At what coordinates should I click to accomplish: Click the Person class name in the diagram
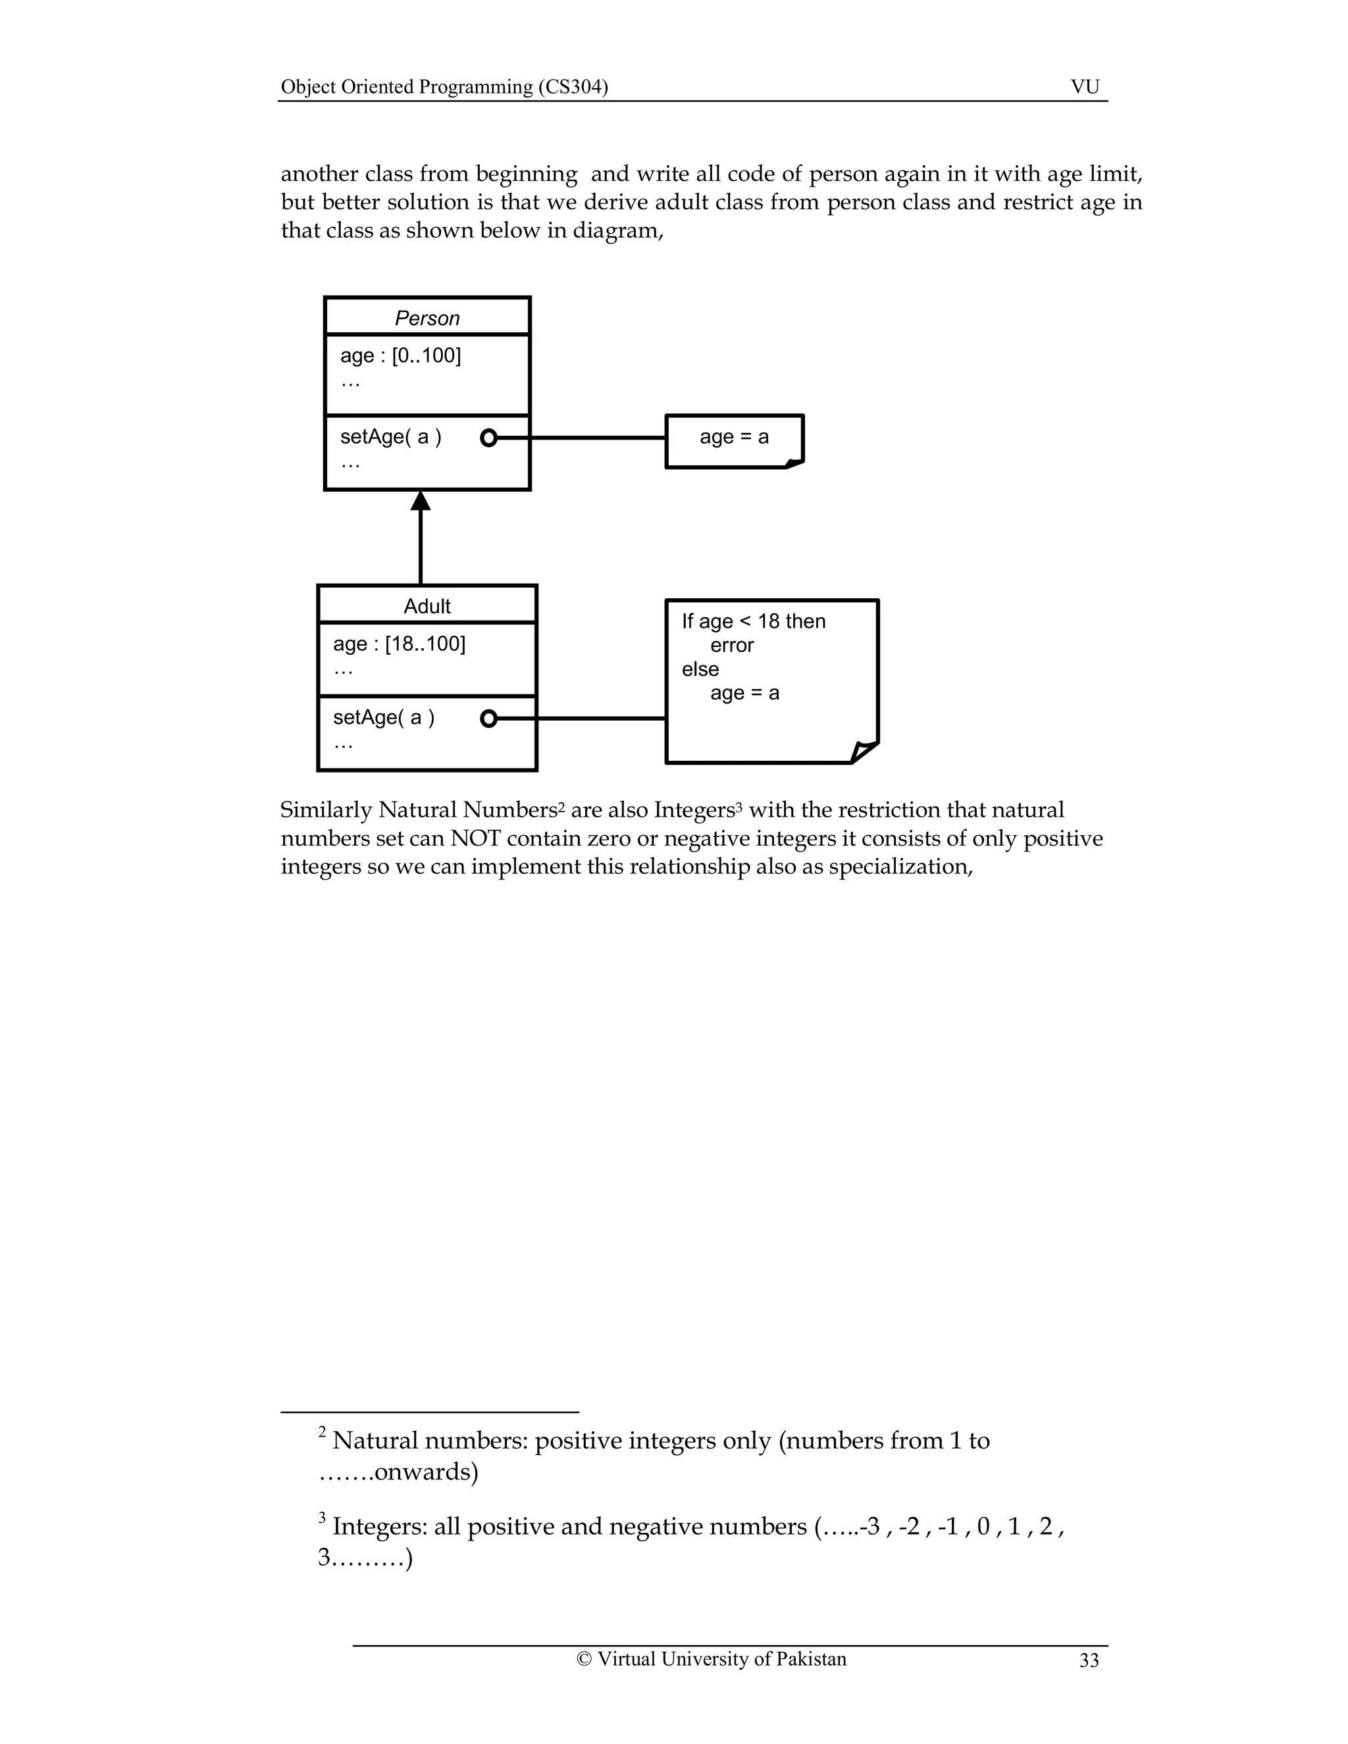pos(427,319)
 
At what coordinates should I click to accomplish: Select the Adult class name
pos(427,606)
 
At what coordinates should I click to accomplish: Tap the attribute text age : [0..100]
pos(401,355)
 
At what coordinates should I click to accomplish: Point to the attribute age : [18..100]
pos(400,644)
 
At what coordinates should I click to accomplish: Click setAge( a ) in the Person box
pos(390,437)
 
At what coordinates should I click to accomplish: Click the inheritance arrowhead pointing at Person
pos(421,501)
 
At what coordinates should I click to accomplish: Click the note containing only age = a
pos(734,438)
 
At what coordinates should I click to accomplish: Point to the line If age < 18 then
pos(754,621)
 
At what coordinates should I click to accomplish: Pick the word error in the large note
pos(731,645)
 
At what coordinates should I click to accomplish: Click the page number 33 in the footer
pos(1089,1660)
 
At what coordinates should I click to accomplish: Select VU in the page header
pos(1085,87)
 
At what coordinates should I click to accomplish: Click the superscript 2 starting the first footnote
pos(323,1433)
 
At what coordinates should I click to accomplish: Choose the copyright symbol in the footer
pos(584,1659)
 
